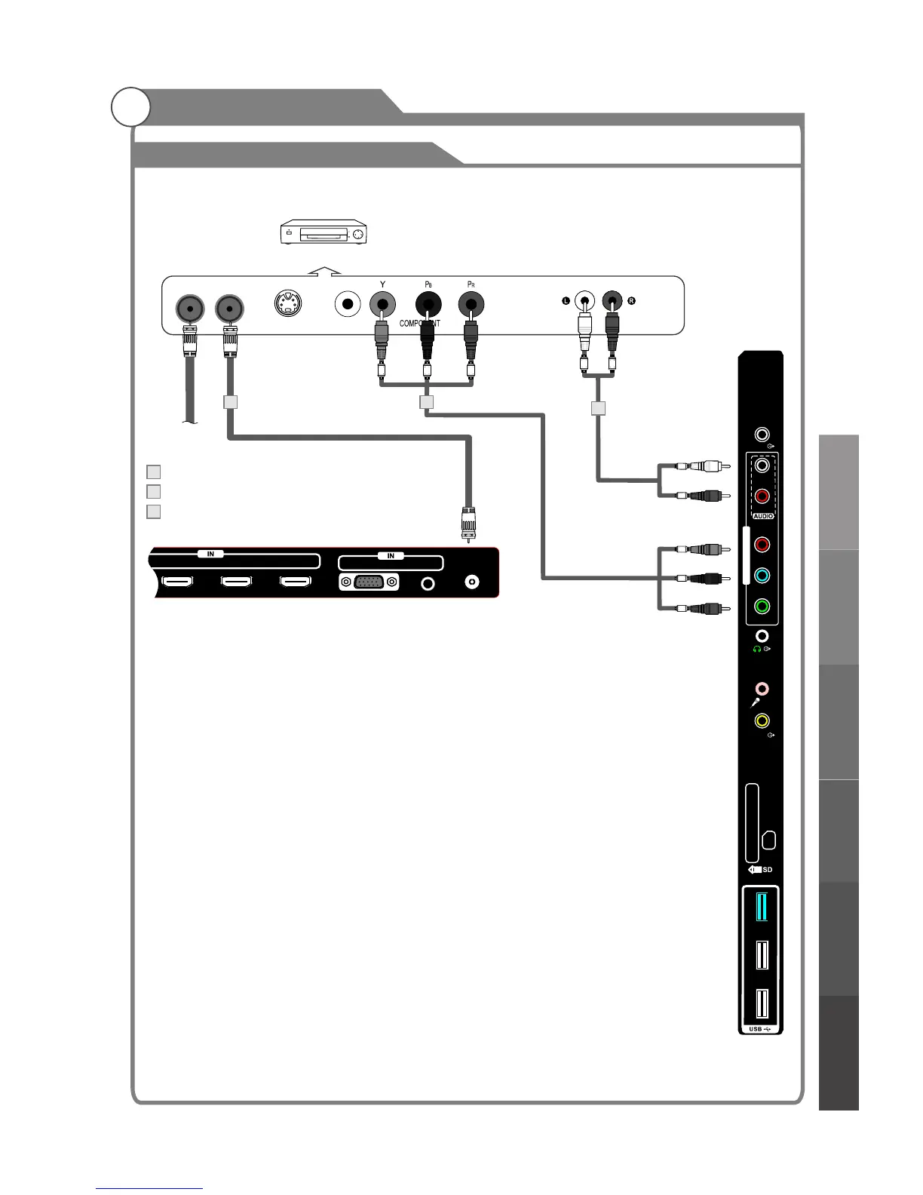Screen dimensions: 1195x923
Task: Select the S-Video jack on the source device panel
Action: pyautogui.click(x=290, y=306)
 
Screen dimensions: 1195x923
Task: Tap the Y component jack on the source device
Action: pyautogui.click(x=383, y=306)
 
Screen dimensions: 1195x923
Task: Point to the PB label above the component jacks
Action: pyautogui.click(x=428, y=284)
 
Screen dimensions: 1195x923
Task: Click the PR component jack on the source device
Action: pyautogui.click(x=471, y=306)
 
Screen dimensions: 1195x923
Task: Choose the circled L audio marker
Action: pyautogui.click(x=565, y=301)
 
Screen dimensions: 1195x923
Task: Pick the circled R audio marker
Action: pyautogui.click(x=632, y=301)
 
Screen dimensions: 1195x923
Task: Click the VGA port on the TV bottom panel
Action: pyautogui.click(x=369, y=582)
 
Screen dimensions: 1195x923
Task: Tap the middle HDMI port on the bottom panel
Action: pyautogui.click(x=236, y=582)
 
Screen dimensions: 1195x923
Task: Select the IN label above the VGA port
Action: pyautogui.click(x=391, y=556)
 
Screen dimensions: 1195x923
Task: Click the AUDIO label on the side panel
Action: pyautogui.click(x=762, y=516)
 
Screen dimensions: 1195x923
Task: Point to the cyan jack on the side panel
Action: pyautogui.click(x=762, y=576)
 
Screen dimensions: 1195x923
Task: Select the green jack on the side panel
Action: pyautogui.click(x=762, y=605)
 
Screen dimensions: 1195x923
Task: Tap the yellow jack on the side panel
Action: pyautogui.click(x=762, y=721)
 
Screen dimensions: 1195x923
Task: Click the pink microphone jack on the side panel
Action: pyautogui.click(x=763, y=689)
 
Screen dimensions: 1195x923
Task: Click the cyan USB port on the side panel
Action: pyautogui.click(x=761, y=906)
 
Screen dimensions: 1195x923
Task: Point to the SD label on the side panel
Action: pyautogui.click(x=767, y=870)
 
